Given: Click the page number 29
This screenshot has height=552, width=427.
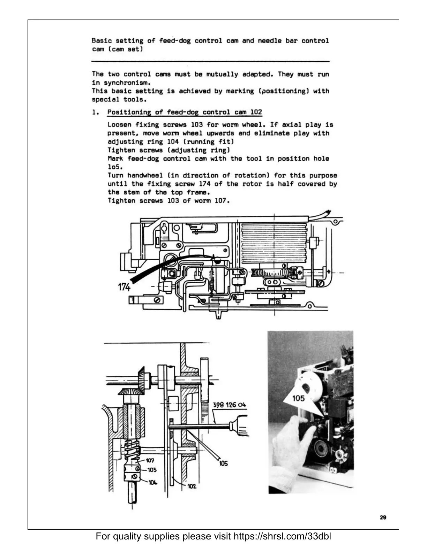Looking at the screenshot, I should pos(383,517).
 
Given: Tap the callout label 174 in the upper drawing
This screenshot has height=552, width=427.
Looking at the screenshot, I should pos(124,287).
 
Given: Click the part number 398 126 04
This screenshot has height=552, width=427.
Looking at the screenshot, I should pos(229,405).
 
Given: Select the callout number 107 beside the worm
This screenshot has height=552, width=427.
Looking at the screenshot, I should pos(150,461).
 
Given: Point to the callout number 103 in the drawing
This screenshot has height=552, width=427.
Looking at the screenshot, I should pos(152,470).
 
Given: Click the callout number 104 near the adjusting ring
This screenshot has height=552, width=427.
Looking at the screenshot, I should pos(153,482).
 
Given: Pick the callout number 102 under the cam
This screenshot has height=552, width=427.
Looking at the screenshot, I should pos(192,486).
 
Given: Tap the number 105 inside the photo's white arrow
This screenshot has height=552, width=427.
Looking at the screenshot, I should pos(298,398).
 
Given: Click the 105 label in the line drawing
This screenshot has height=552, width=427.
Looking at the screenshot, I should pos(223,463).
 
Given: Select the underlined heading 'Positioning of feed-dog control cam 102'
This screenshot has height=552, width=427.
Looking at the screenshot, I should pos(185,112).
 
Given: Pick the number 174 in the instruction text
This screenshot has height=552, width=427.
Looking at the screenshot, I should pos(204,184).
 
